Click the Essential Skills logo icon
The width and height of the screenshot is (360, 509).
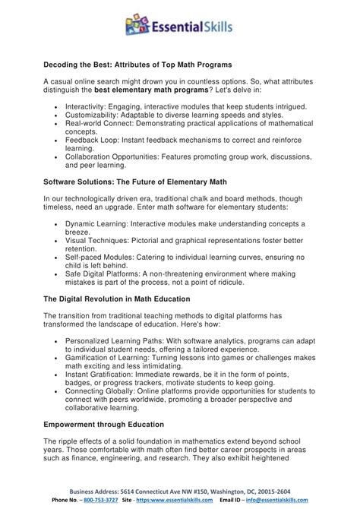[x=139, y=27]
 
